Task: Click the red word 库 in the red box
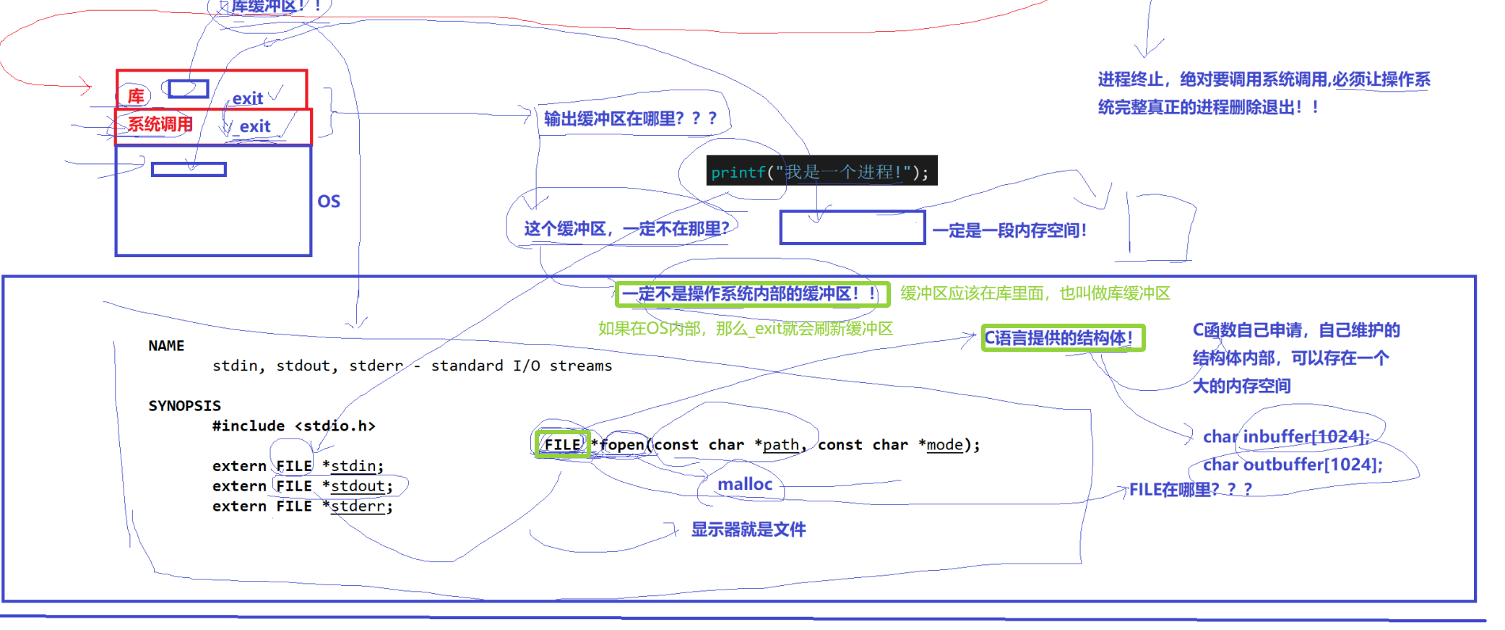[x=136, y=96]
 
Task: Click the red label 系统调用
[x=160, y=124]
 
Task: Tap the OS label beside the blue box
[x=329, y=202]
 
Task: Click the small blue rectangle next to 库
[x=189, y=89]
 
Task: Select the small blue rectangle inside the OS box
[x=189, y=170]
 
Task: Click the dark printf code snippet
[x=821, y=171]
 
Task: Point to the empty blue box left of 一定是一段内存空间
[x=852, y=228]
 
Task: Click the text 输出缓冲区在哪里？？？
[x=630, y=118]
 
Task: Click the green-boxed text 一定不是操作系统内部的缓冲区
[x=751, y=294]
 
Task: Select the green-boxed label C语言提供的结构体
[x=1062, y=338]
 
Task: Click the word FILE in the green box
[x=562, y=444]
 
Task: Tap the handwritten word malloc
[x=745, y=484]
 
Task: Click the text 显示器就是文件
[x=749, y=530]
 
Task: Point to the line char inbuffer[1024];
[x=1285, y=436]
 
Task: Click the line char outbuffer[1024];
[x=1292, y=465]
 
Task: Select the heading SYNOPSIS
[x=184, y=406]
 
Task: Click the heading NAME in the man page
[x=166, y=346]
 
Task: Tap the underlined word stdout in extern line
[x=358, y=486]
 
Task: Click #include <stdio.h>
[x=293, y=426]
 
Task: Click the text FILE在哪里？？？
[x=1190, y=490]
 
